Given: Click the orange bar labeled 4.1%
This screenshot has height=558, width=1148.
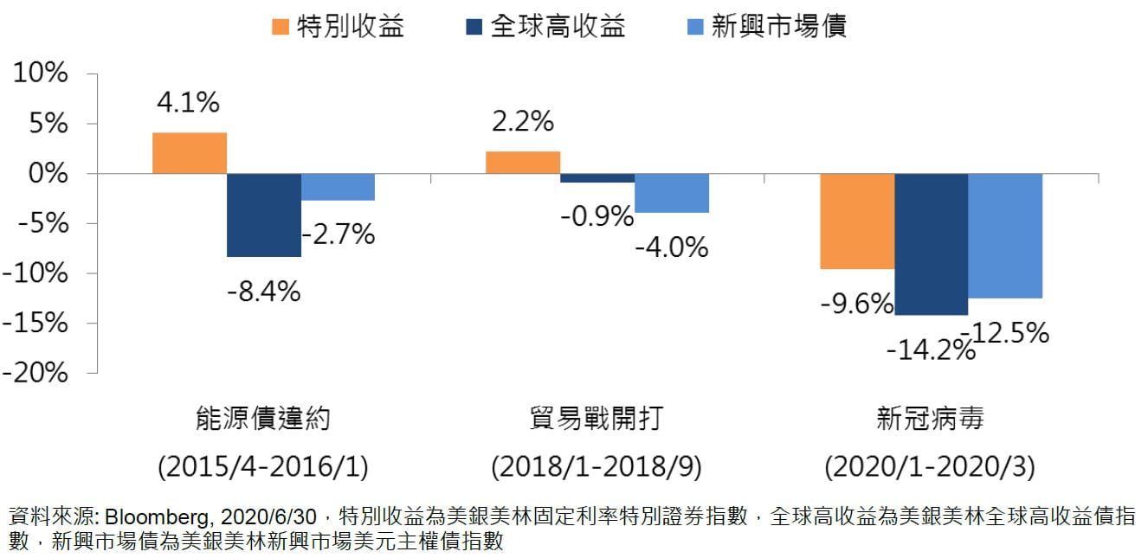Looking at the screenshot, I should (x=189, y=153).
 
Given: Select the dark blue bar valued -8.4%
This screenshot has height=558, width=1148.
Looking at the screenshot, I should (x=263, y=215).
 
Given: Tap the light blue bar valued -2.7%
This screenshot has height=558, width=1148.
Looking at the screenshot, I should (x=338, y=187).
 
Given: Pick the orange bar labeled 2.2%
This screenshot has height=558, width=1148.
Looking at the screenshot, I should (x=522, y=163).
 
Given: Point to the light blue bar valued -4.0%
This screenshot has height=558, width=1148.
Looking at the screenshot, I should (x=671, y=193).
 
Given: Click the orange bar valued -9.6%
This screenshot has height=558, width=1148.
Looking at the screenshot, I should (x=856, y=221).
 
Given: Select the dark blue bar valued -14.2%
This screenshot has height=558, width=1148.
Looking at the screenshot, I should (x=931, y=244).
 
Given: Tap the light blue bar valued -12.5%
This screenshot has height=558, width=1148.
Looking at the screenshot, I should (x=1005, y=235).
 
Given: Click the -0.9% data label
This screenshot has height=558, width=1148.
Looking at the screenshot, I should (x=597, y=216).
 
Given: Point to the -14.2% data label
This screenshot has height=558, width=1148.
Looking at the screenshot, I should (x=930, y=350).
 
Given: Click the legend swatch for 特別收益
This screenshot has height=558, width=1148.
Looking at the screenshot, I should (x=280, y=27).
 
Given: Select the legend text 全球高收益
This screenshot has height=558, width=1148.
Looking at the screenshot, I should (x=558, y=27).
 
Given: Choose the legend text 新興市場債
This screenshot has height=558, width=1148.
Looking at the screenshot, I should (x=778, y=27).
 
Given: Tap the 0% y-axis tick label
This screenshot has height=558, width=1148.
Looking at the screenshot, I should (x=47, y=174).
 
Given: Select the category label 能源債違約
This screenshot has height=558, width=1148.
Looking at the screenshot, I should (x=263, y=420).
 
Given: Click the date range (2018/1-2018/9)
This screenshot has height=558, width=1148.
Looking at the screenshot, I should (x=597, y=468).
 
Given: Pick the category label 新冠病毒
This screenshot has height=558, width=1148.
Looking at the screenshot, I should (x=930, y=420).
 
